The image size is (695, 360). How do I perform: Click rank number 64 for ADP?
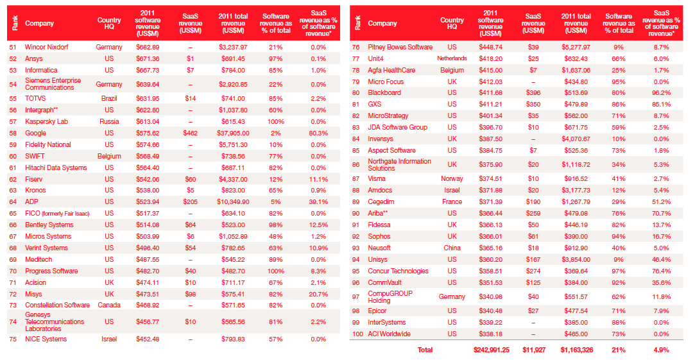[13, 201]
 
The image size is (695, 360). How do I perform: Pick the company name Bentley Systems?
[49, 225]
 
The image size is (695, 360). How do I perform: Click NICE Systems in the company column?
[46, 339]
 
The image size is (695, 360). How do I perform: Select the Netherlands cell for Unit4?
[452, 58]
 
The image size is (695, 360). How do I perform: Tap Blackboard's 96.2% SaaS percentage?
[660, 92]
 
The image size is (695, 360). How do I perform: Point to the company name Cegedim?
[381, 201]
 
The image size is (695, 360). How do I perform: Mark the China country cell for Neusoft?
[452, 248]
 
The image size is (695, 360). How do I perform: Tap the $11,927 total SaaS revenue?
[534, 350]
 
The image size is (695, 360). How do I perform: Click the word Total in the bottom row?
[425, 350]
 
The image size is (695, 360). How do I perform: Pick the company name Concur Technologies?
[397, 271]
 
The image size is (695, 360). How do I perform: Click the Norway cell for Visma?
[452, 179]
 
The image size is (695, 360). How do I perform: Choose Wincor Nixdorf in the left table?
[47, 47]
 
